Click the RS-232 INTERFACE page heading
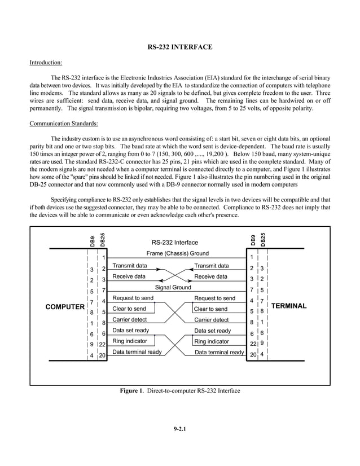pyautogui.click(x=179, y=47)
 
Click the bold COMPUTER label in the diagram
pyautogui.click(x=65, y=306)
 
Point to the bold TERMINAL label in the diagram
pyautogui.click(x=289, y=306)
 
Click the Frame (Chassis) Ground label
pyautogui.click(x=177, y=254)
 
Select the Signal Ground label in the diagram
pyautogui.click(x=173, y=288)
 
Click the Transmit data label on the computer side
pyautogui.click(x=129, y=266)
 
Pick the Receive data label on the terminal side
pyautogui.click(x=210, y=276)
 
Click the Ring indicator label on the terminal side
pyautogui.click(x=212, y=341)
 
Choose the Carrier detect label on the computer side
pyautogui.click(x=129, y=320)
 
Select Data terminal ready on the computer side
pyautogui.click(x=137, y=352)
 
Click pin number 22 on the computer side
pyautogui.click(x=103, y=345)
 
